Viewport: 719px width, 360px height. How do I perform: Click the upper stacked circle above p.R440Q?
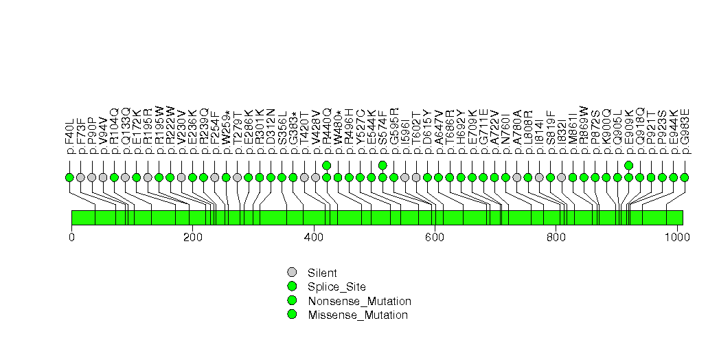coord(327,165)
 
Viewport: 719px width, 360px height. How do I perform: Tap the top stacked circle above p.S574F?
coord(383,165)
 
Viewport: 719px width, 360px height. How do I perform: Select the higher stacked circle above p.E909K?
coord(629,165)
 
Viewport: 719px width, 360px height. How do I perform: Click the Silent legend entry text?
coord(322,273)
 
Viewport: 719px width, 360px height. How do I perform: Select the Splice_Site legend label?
coord(337,286)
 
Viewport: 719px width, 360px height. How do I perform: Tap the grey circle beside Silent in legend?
coord(293,272)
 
